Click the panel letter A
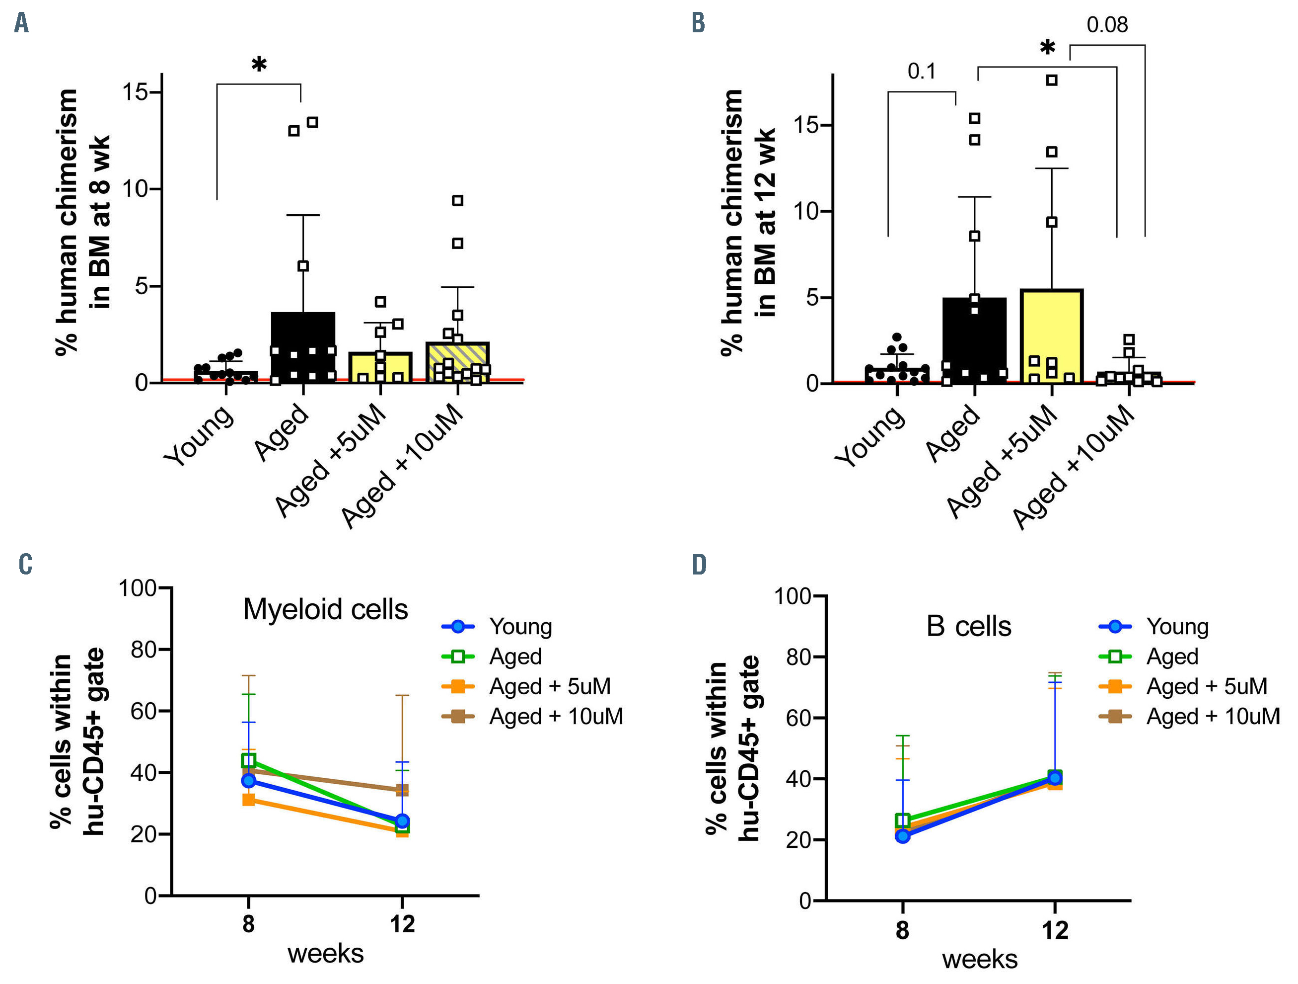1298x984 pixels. tap(22, 23)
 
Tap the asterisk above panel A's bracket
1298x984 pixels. tap(259, 65)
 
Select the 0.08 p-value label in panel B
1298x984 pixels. tap(1107, 25)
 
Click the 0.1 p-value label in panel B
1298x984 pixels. tap(921, 71)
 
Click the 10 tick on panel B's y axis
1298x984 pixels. tap(807, 211)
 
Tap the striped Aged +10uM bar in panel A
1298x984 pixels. tap(458, 362)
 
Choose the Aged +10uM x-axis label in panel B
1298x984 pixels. tap(1074, 467)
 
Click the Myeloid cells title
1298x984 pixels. tap(325, 609)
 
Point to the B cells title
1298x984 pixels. tap(968, 627)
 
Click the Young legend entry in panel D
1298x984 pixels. tap(1177, 627)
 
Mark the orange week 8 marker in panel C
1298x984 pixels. tap(249, 799)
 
